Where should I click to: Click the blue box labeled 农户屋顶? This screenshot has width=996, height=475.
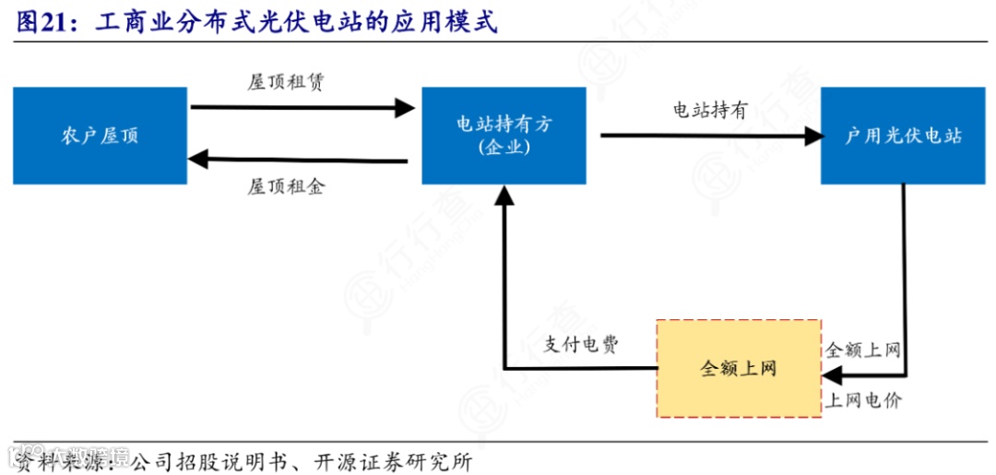(100, 136)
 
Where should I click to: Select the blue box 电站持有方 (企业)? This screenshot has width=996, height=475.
(504, 136)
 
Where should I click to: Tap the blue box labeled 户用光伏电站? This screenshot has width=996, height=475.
(903, 136)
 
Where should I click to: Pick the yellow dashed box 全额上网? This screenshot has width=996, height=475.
(739, 369)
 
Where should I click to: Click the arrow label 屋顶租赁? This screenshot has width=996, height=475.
(286, 82)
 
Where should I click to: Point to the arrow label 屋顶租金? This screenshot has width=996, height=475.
(286, 186)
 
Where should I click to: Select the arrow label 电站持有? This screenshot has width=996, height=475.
(709, 111)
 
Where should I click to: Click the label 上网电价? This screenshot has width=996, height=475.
(864, 400)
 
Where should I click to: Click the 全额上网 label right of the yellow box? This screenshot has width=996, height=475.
(864, 350)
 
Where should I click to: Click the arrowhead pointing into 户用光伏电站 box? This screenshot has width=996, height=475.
(812, 137)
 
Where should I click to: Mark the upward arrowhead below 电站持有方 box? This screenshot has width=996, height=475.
(504, 194)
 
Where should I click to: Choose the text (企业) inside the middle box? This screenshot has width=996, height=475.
(504, 148)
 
